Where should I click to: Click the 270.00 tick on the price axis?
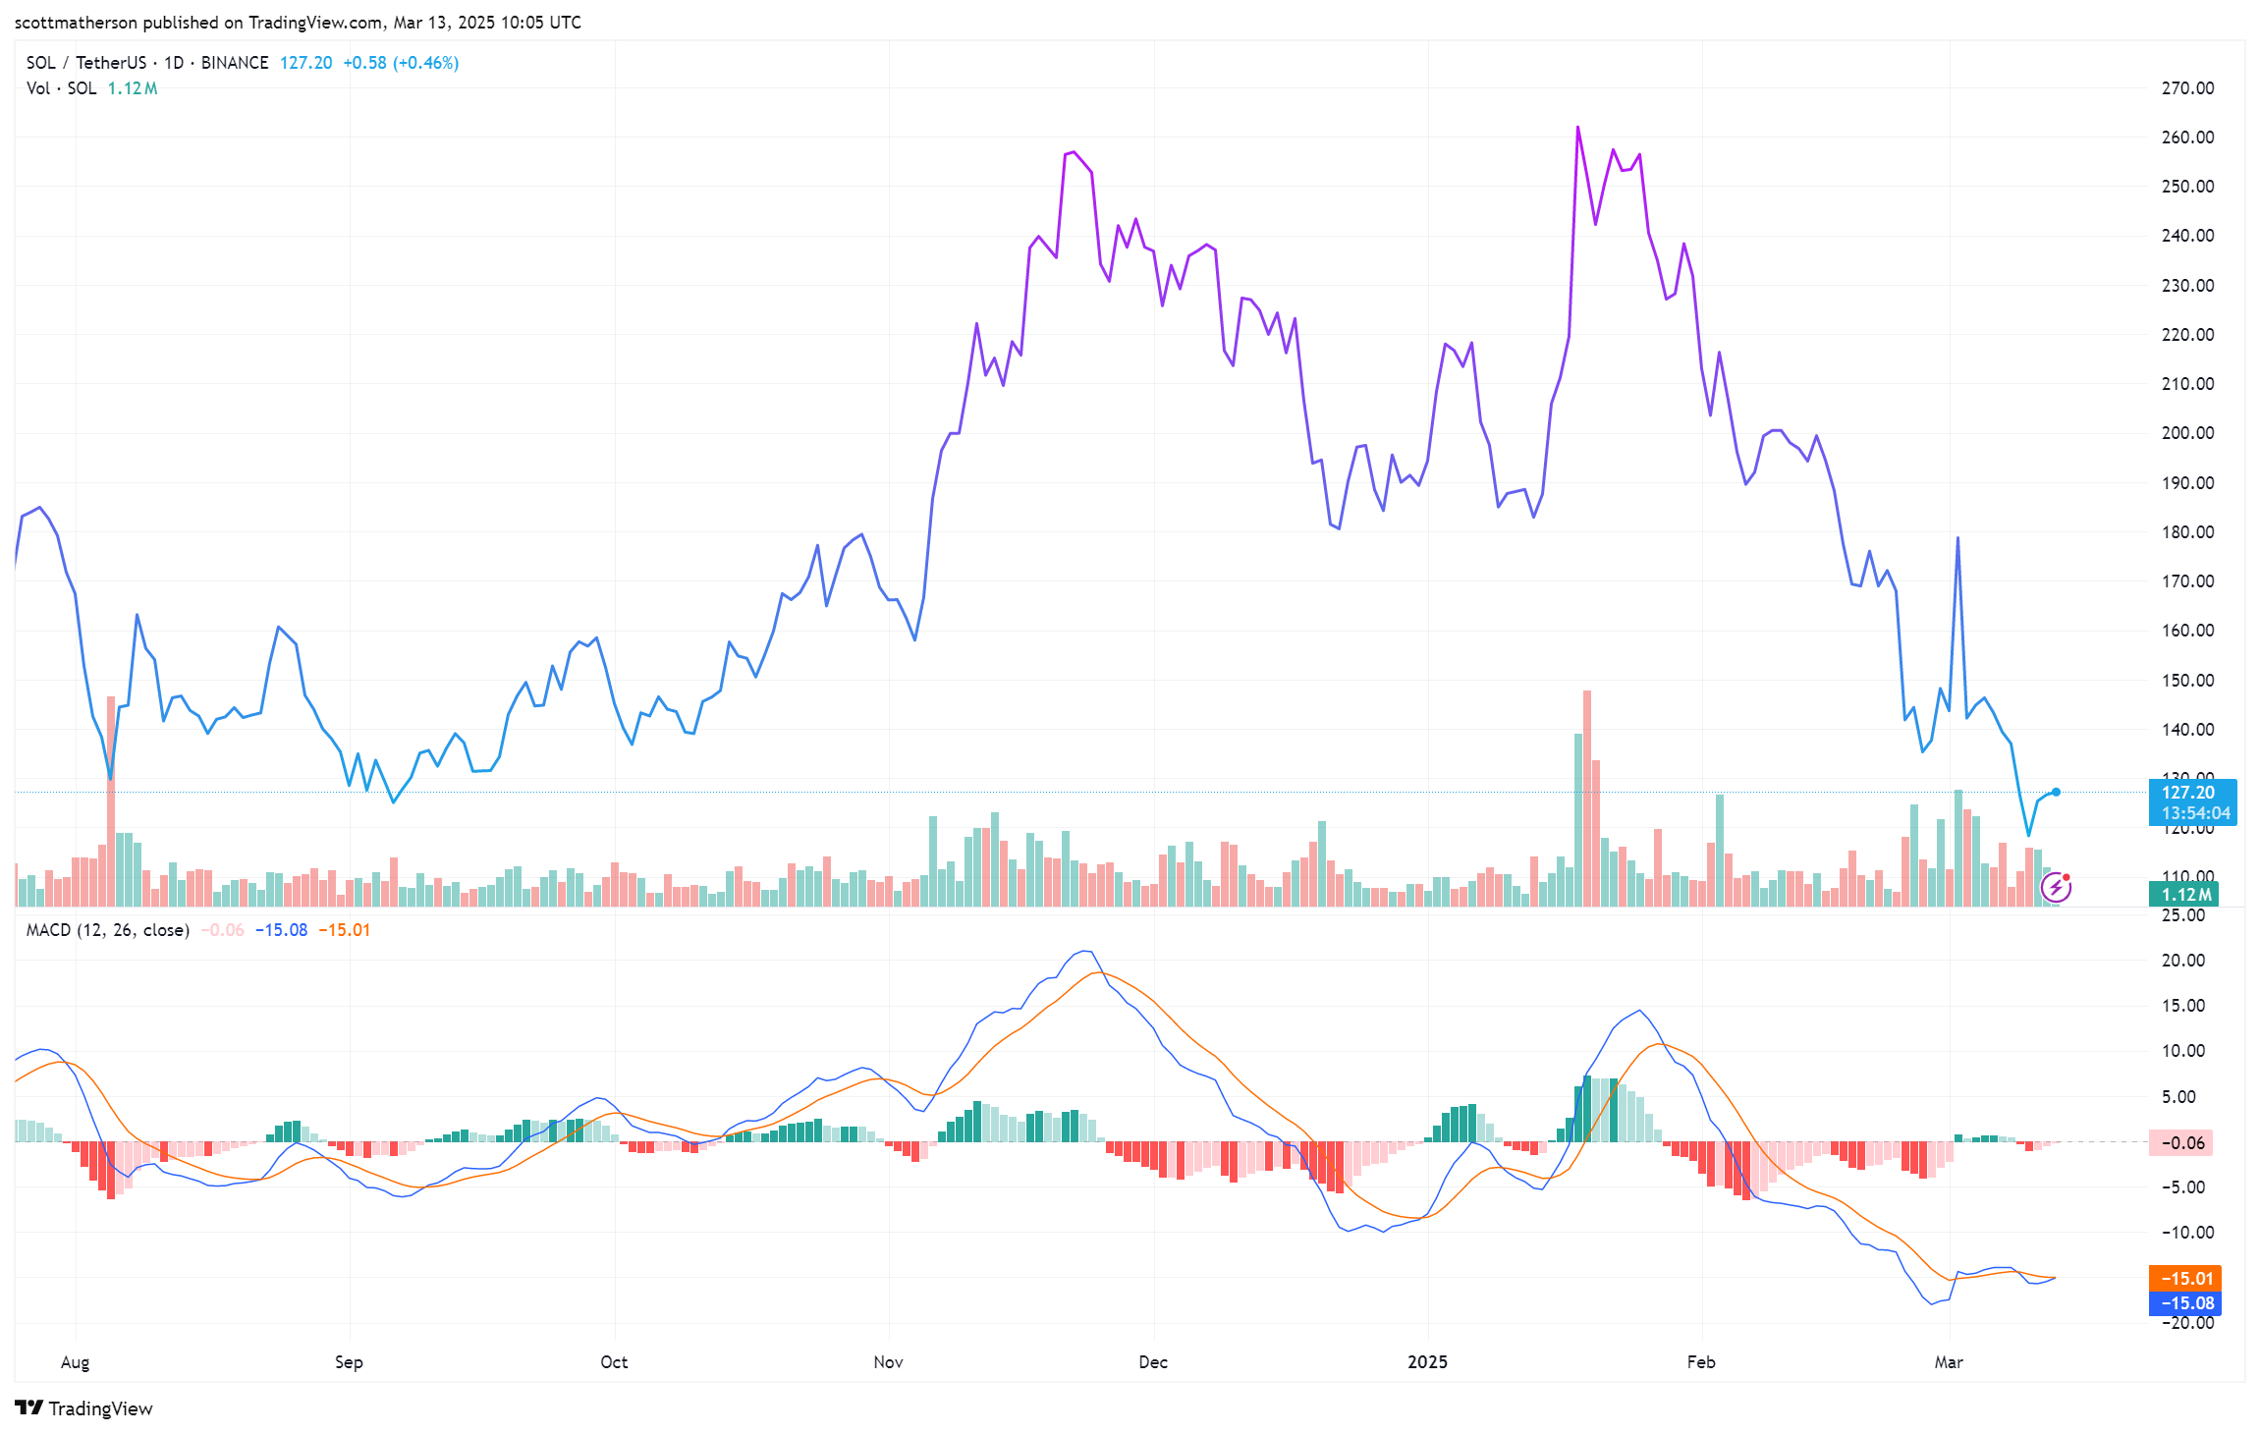click(2187, 88)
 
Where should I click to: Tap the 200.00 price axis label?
click(2187, 433)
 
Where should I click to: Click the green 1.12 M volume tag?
click(2184, 895)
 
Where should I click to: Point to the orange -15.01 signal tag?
click(2185, 1279)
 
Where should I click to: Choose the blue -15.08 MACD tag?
click(2185, 1303)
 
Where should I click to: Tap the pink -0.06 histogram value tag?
click(2180, 1143)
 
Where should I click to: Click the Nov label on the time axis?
click(888, 1362)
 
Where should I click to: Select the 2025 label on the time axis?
click(1427, 1362)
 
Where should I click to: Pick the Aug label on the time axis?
click(75, 1362)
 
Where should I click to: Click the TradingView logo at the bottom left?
click(84, 1408)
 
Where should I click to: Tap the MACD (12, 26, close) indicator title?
click(107, 930)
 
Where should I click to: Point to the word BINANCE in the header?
click(235, 63)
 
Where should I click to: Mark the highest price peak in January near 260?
click(1577, 128)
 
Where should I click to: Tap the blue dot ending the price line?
click(2056, 792)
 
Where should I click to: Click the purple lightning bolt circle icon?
click(2056, 888)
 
